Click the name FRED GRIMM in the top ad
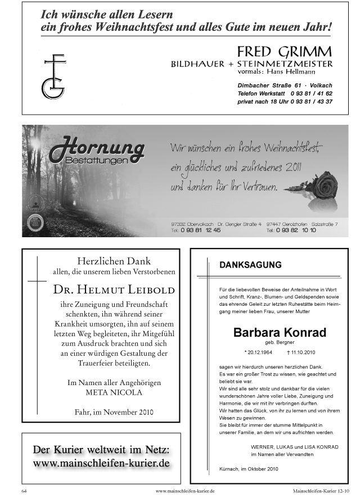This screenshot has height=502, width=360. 284,50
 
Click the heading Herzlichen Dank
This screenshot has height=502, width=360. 114,260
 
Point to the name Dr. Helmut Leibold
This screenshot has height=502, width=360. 114,290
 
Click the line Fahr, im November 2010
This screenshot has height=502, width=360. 114,412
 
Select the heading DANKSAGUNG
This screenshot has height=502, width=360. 250,264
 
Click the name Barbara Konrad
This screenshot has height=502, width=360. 280,332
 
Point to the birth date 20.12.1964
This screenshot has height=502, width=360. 260,352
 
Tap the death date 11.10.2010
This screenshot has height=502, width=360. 303,352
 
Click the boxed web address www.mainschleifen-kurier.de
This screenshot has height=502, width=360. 101,464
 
